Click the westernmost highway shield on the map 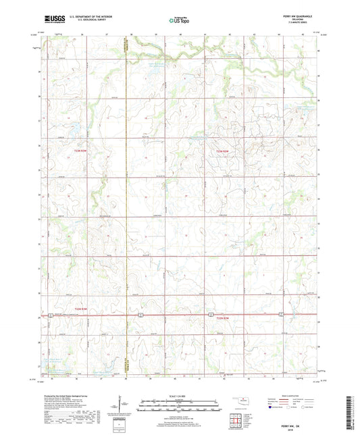49,315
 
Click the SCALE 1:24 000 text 178,396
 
